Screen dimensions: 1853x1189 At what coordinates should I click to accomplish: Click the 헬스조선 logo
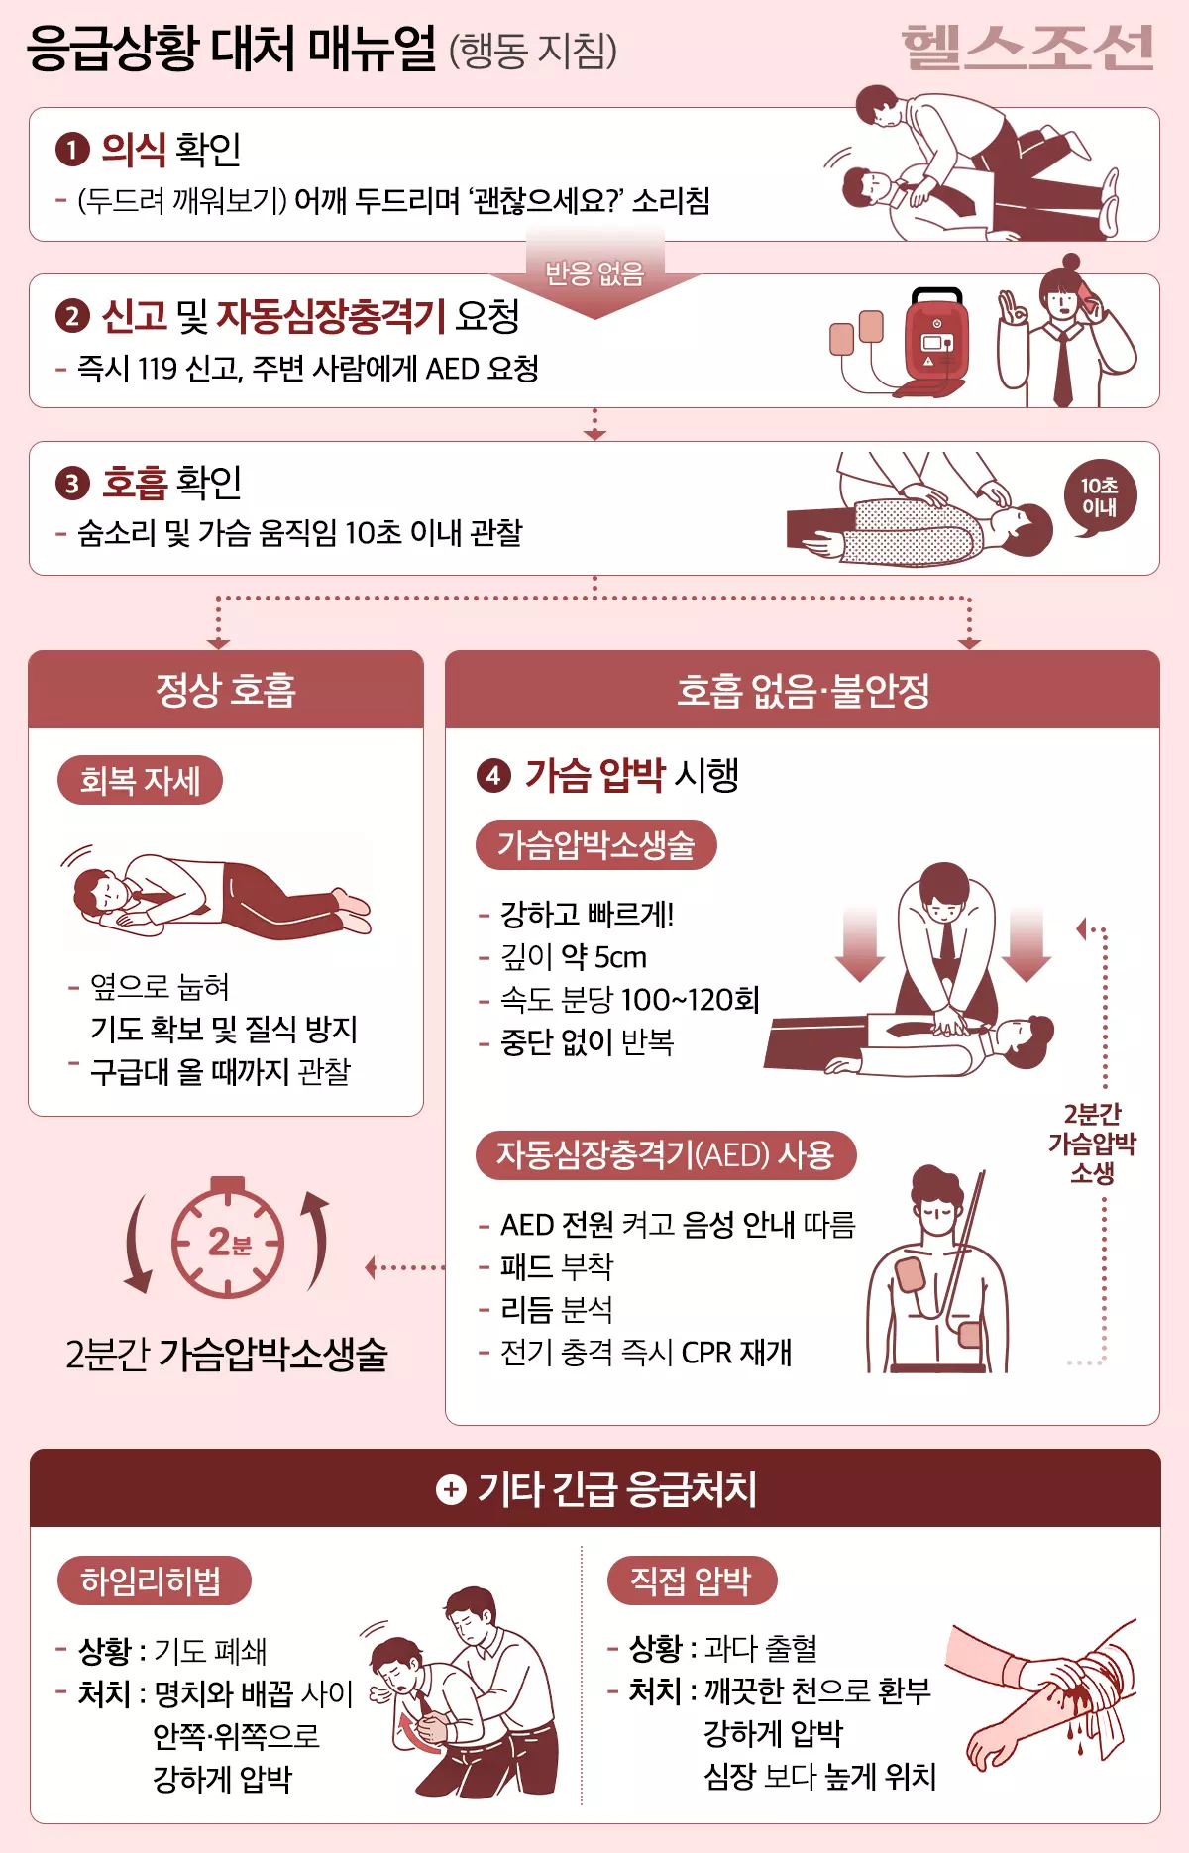click(1027, 48)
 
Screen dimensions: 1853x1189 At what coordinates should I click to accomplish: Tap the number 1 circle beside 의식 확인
click(72, 151)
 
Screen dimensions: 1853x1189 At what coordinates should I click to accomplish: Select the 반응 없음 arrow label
click(594, 272)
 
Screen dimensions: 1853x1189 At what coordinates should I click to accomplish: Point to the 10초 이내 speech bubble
click(1099, 497)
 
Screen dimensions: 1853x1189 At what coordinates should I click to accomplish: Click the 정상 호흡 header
click(226, 690)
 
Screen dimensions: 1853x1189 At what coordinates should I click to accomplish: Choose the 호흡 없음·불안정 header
click(803, 690)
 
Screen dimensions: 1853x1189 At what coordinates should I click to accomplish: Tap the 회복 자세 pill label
click(140, 781)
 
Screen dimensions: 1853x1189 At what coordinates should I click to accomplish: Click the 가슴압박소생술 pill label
click(595, 845)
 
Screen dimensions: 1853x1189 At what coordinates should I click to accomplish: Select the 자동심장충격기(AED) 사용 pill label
click(666, 1155)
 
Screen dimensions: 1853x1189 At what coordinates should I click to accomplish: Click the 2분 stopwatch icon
click(228, 1241)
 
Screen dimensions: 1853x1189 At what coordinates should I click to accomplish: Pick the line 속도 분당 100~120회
click(629, 1000)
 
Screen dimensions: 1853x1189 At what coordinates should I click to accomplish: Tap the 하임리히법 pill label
click(152, 1580)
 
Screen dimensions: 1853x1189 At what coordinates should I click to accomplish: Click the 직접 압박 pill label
click(691, 1580)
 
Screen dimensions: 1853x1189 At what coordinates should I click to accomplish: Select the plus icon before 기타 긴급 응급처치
click(451, 1489)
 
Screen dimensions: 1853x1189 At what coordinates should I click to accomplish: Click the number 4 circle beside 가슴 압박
click(493, 775)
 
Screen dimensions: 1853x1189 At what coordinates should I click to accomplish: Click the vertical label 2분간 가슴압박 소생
click(1092, 1144)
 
